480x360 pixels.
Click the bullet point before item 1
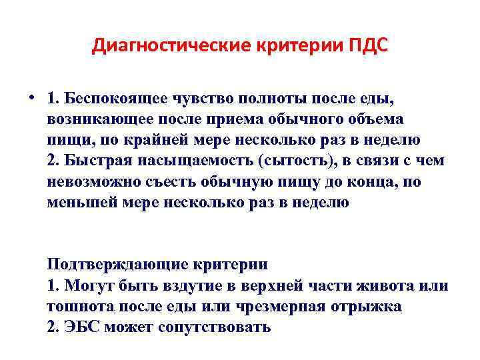point(31,97)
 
